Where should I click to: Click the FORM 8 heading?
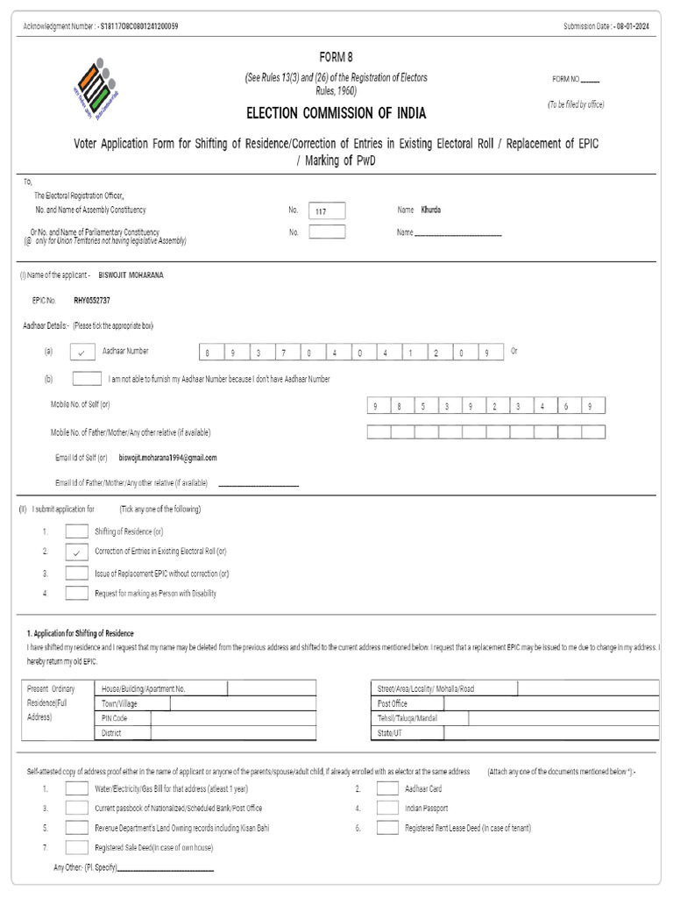point(336,57)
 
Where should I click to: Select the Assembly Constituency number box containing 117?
point(327,210)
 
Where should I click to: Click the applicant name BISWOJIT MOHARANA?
point(131,274)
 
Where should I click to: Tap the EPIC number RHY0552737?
point(92,300)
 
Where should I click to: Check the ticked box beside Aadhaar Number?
point(81,352)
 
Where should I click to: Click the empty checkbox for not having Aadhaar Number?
point(86,379)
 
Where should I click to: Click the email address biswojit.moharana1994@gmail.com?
point(167,457)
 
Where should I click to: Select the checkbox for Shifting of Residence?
point(77,531)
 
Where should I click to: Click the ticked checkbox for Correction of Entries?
point(77,552)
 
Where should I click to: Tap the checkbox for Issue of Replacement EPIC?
point(77,574)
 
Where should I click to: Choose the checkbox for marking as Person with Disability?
point(77,594)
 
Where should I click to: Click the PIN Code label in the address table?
point(115,718)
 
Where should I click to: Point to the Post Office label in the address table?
point(393,703)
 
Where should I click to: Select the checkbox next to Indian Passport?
point(387,808)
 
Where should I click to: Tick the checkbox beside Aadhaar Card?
point(387,788)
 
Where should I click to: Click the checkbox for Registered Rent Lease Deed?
point(387,827)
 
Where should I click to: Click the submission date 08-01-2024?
point(633,26)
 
